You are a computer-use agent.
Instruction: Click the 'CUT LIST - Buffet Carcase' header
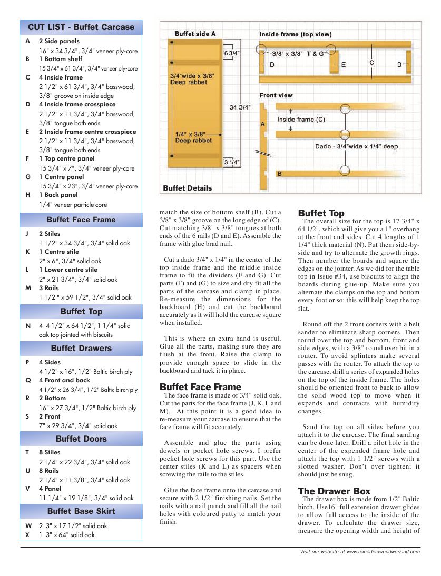[81, 27]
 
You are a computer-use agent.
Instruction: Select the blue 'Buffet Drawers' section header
[81, 349]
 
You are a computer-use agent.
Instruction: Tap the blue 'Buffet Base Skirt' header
[81, 511]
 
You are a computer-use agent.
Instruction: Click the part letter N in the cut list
[27, 326]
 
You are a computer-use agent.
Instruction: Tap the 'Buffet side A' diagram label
[195, 34]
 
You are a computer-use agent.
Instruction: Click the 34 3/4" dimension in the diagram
[240, 107]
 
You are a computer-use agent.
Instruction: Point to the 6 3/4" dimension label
[232, 54]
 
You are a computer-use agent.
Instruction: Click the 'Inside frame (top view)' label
[295, 35]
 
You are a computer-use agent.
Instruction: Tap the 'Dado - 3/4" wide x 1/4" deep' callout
[356, 146]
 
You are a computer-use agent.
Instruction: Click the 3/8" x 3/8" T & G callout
[298, 54]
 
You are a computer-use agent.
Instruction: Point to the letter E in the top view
[344, 64]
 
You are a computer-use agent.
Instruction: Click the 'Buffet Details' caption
[188, 188]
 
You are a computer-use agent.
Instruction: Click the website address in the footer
[360, 552]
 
